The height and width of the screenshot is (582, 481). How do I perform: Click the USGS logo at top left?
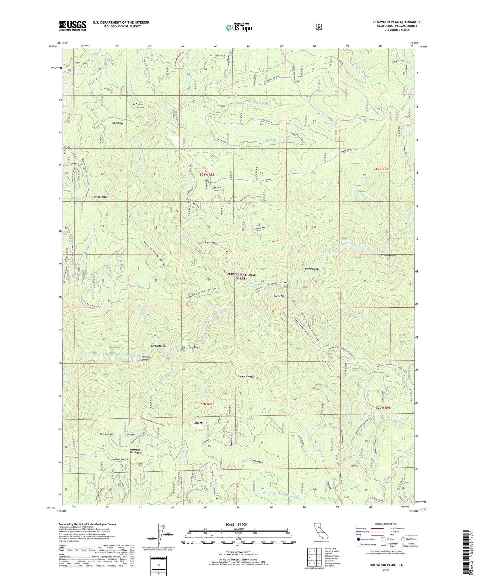pos(73,26)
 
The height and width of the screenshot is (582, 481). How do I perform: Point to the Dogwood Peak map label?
pos(245,377)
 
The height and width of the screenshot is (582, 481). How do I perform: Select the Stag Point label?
pos(194,348)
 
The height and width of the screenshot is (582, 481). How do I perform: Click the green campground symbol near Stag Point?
pos(183,348)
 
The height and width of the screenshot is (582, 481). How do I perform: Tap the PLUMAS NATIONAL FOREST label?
pos(241,276)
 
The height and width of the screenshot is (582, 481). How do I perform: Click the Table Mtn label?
pos(199,423)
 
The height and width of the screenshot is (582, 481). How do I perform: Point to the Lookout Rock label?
pos(100,197)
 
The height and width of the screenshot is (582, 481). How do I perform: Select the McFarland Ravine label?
pos(138,106)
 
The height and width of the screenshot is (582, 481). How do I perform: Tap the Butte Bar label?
pos(279,296)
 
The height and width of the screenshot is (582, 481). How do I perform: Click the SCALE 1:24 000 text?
pos(238,524)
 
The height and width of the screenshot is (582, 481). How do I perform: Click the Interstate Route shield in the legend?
pos(358,539)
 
